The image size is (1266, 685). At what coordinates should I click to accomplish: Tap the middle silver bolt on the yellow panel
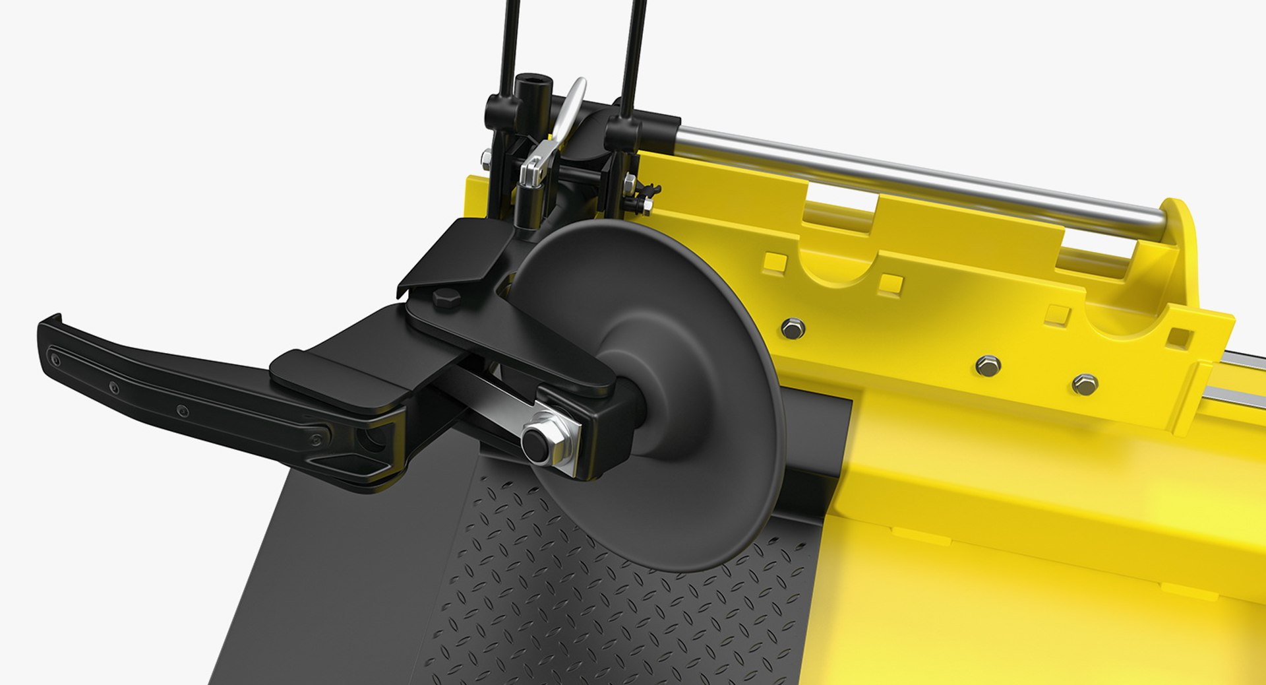[x=987, y=364]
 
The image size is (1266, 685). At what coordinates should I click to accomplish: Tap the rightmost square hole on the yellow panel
[x=1180, y=337]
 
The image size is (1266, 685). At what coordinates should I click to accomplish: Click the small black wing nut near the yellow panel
[x=649, y=191]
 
